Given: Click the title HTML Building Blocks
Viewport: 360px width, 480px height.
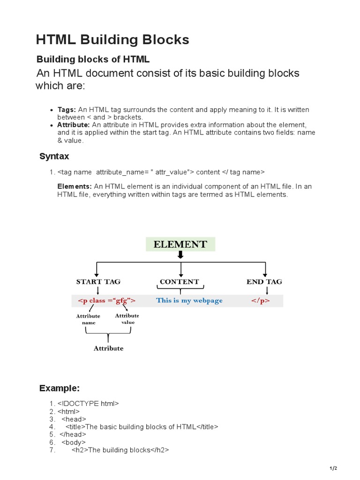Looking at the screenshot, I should pyautogui.click(x=112, y=40).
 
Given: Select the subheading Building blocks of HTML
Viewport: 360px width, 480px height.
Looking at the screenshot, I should pyautogui.click(x=93, y=60).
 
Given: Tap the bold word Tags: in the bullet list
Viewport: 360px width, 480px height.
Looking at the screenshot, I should pyautogui.click(x=67, y=110).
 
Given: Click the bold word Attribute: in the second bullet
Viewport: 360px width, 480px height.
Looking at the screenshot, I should pyautogui.click(x=74, y=125).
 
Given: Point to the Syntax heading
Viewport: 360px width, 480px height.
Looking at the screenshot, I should pyautogui.click(x=54, y=157).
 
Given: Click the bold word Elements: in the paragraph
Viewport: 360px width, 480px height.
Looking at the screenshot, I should pyautogui.click(x=75, y=187).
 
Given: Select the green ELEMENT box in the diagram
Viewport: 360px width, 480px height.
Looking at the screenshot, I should pyautogui.click(x=180, y=244).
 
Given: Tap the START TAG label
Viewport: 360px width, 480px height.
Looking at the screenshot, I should pyautogui.click(x=98, y=282).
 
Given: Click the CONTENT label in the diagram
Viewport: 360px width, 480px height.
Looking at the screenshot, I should pyautogui.click(x=179, y=282).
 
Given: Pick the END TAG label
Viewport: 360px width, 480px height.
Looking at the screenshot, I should pyautogui.click(x=264, y=282).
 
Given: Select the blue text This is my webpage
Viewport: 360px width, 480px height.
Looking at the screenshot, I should pyautogui.click(x=189, y=300).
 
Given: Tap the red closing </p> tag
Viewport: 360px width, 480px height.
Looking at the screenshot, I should pyautogui.click(x=260, y=300).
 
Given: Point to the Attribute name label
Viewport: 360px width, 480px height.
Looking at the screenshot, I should pyautogui.click(x=88, y=319).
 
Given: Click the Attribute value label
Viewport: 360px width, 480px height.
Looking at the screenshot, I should pyautogui.click(x=127, y=319).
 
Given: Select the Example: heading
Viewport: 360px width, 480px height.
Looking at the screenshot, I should pyautogui.click(x=60, y=388).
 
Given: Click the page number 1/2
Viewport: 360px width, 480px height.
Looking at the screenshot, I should pyautogui.click(x=333, y=468).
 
